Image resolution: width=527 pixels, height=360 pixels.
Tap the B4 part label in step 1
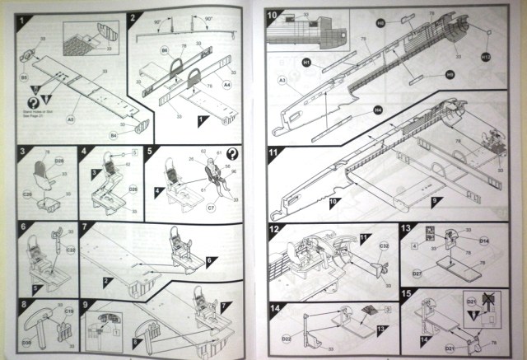pyautogui.click(x=114, y=133)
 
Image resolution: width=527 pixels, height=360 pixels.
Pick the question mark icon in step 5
pyautogui.click(x=233, y=154)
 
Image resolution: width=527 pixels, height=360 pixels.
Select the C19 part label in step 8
pyautogui.click(x=69, y=311)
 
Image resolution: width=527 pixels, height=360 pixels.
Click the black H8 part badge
pyautogui.click(x=381, y=24)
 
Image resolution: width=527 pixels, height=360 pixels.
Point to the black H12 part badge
pyautogui.click(x=486, y=57)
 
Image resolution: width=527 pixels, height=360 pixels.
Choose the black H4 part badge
pyautogui.click(x=377, y=110)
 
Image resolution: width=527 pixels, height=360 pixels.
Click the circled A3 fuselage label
pyautogui.click(x=282, y=80)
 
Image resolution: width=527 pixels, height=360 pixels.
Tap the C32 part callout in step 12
pyautogui.click(x=384, y=246)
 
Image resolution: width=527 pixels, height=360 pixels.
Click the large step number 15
pyautogui.click(x=405, y=294)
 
